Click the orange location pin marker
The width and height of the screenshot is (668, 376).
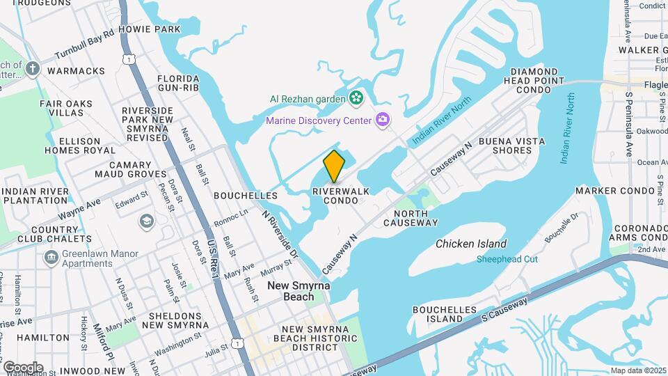(x=335, y=166)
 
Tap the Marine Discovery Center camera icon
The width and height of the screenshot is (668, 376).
(x=382, y=120)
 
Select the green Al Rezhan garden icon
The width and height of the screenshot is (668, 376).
(x=356, y=98)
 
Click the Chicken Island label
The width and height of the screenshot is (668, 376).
(x=471, y=244)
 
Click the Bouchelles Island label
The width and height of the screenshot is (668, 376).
(x=444, y=314)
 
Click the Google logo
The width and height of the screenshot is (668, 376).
(x=22, y=367)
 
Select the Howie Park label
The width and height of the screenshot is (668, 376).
(x=149, y=29)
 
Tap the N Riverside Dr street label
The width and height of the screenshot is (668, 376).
(x=280, y=235)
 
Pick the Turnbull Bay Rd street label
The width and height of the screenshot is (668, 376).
(x=84, y=43)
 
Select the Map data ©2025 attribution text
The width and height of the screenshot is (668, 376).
(x=638, y=370)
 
